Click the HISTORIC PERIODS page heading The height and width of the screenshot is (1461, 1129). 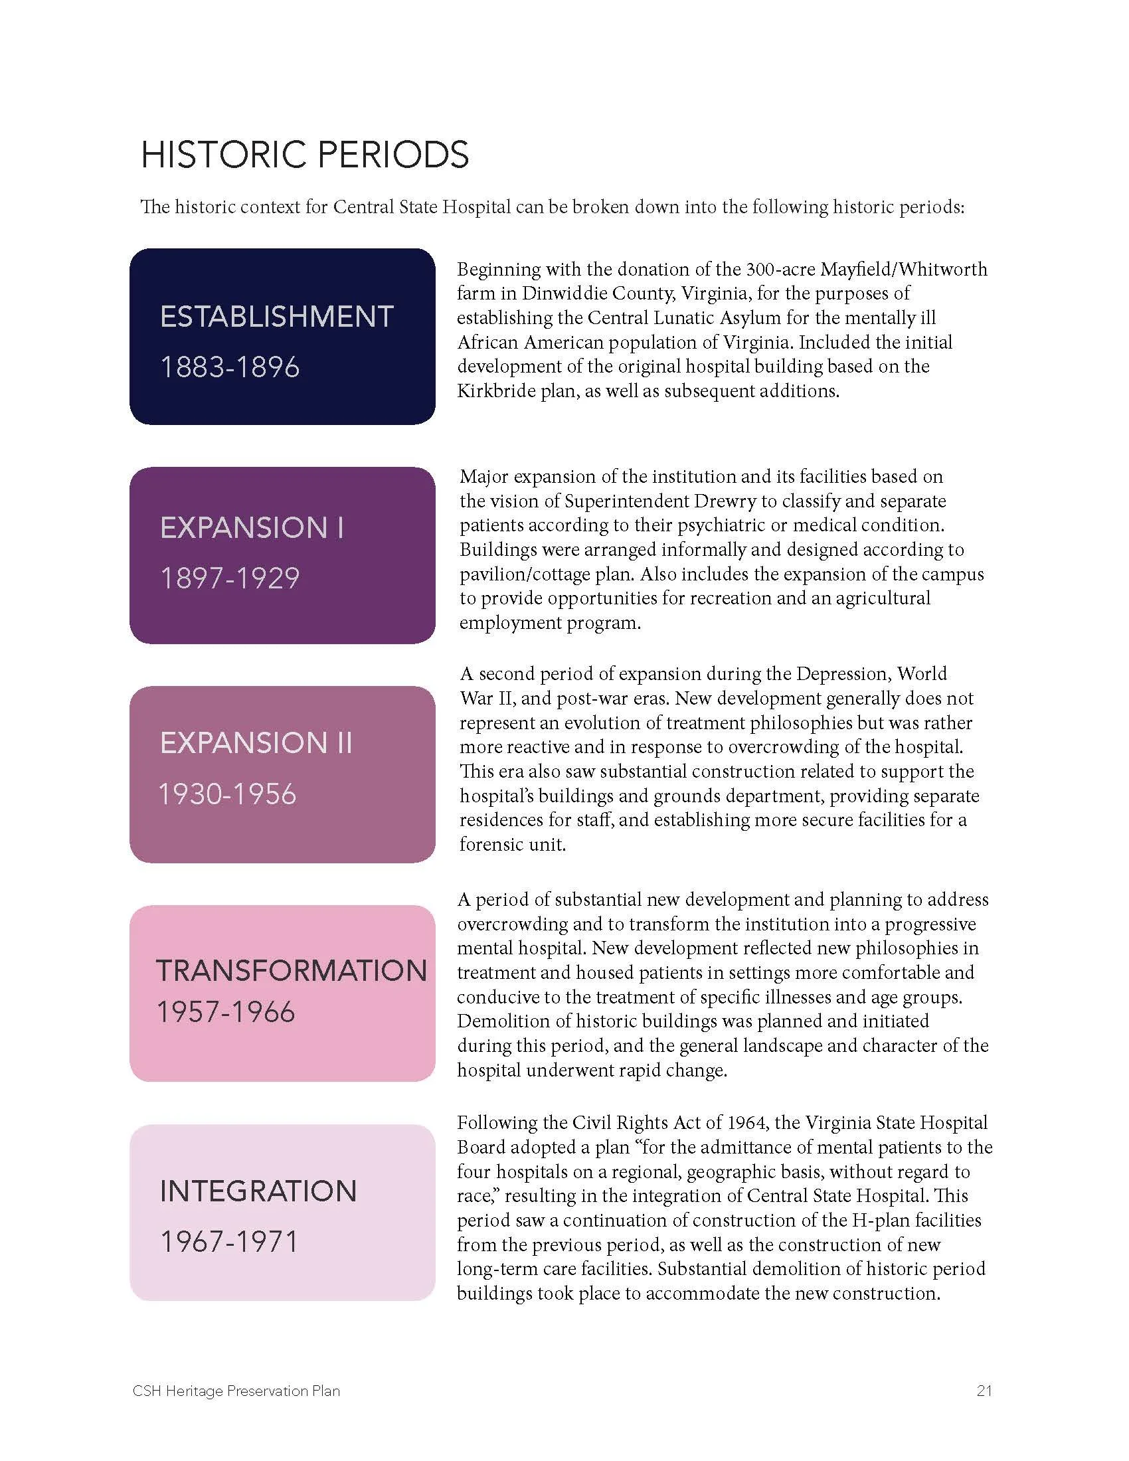(x=304, y=155)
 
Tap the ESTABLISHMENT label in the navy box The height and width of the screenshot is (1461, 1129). (x=276, y=316)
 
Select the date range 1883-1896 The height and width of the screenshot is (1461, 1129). (x=229, y=367)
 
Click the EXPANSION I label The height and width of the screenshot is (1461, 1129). (x=252, y=528)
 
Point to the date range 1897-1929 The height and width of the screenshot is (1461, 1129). (x=229, y=578)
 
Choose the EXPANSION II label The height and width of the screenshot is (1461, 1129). (x=256, y=743)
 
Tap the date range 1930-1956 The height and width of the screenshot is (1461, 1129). (x=227, y=794)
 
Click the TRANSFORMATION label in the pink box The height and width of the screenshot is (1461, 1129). (x=292, y=971)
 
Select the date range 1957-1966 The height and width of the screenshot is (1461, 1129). (x=225, y=1012)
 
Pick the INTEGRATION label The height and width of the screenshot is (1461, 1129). (x=258, y=1191)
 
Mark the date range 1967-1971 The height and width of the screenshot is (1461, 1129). (x=228, y=1242)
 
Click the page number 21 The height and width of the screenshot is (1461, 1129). (x=984, y=1391)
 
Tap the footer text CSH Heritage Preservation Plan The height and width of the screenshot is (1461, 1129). (x=236, y=1391)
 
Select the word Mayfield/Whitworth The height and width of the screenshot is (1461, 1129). (x=904, y=269)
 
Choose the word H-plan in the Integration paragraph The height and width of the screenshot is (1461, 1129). (x=881, y=1220)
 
